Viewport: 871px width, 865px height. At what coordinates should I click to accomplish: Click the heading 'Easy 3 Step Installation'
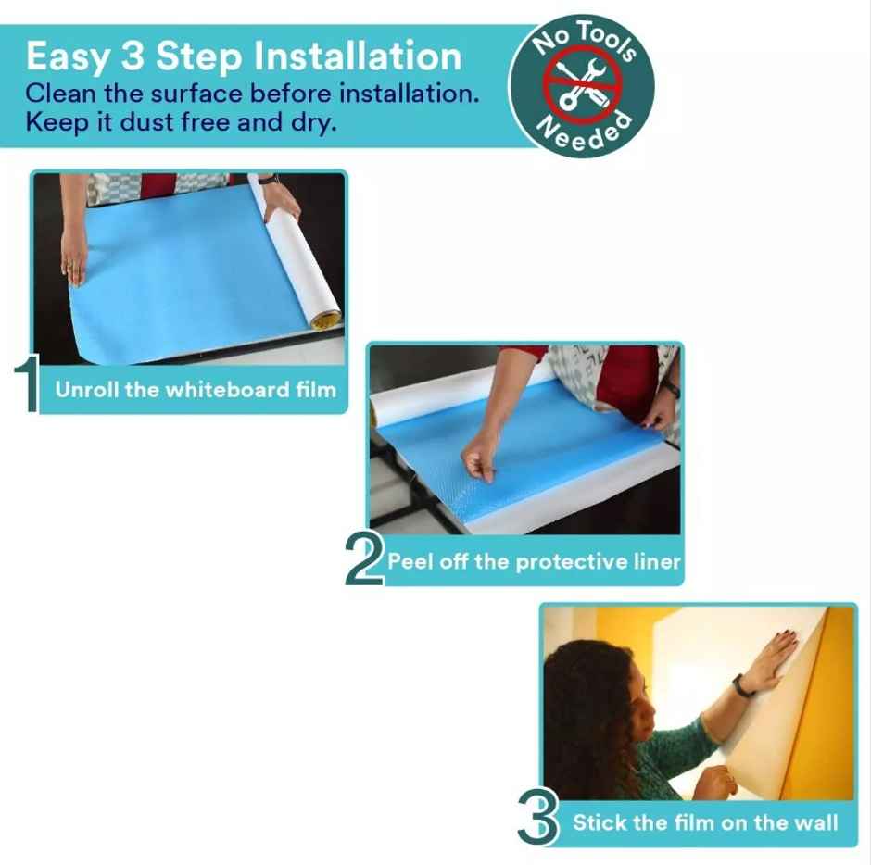[x=243, y=56]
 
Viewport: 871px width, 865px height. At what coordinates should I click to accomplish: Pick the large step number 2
[x=363, y=558]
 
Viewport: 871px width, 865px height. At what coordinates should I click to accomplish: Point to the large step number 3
[x=537, y=815]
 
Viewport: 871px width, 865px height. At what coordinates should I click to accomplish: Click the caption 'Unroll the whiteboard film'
[x=196, y=389]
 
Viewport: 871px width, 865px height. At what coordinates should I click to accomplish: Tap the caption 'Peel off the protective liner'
[x=534, y=561]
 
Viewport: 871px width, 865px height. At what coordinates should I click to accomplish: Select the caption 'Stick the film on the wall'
[x=705, y=822]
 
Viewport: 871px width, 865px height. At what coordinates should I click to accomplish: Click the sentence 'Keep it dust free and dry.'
[x=180, y=122]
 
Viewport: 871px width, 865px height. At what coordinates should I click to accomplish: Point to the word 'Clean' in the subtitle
[x=62, y=94]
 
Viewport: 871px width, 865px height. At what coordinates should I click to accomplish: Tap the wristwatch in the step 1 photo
[x=269, y=180]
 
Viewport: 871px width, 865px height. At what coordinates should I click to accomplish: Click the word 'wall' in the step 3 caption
[x=816, y=822]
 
